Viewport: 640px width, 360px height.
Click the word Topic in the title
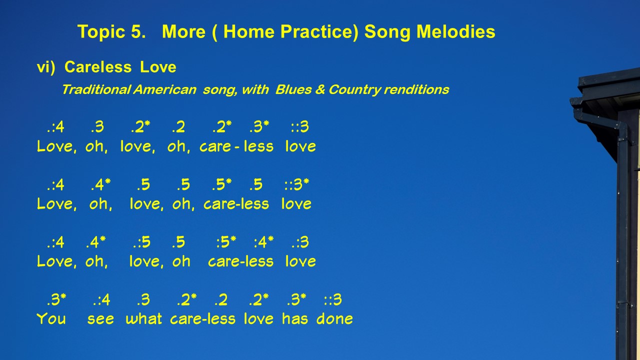click(x=101, y=31)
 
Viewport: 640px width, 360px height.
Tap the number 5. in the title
click(x=138, y=31)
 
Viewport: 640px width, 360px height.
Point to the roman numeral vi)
click(x=46, y=67)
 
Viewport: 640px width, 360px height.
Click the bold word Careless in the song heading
click(x=98, y=67)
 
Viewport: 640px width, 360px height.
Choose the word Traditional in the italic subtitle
click(x=96, y=89)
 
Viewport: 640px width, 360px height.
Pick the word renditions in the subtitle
click(x=416, y=89)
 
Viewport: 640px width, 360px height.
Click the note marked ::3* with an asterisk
click(x=296, y=184)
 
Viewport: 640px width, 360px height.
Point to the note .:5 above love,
click(x=141, y=242)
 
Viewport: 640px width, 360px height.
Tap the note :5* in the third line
click(x=226, y=242)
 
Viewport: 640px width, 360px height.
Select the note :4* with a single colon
click(x=263, y=242)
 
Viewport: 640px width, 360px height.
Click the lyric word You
click(x=51, y=318)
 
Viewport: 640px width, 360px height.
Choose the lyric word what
click(x=143, y=318)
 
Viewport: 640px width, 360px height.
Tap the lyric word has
click(x=295, y=318)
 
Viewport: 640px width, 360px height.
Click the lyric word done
click(x=334, y=318)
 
